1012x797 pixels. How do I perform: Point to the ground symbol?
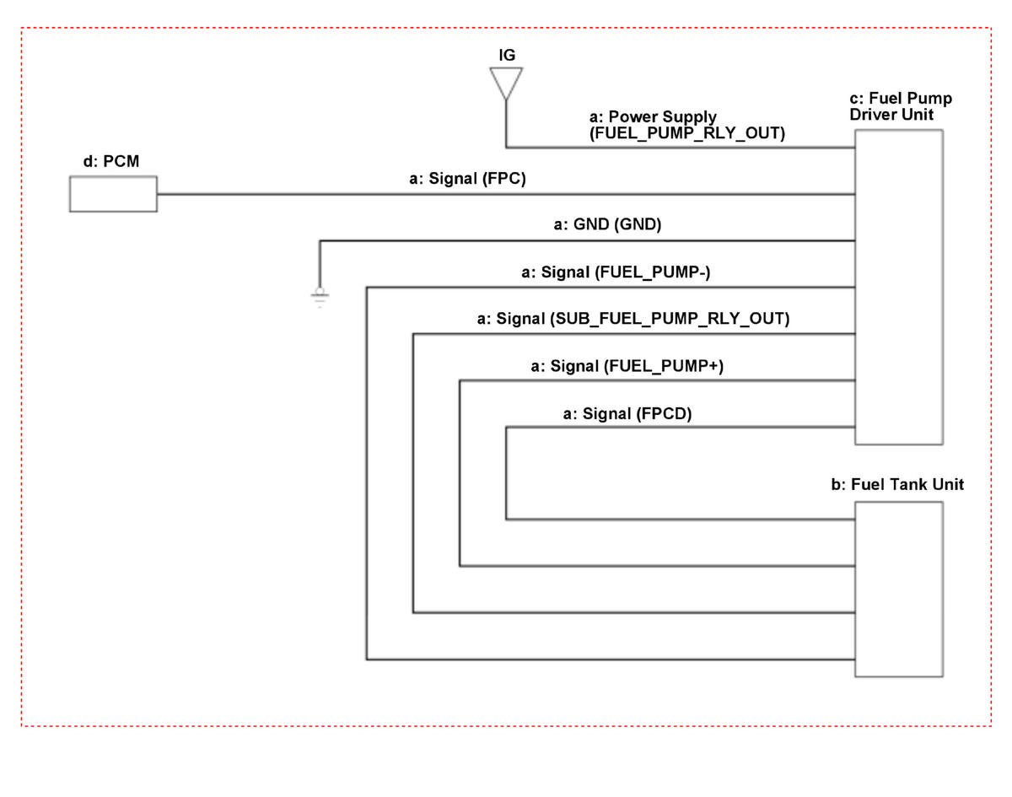(x=320, y=297)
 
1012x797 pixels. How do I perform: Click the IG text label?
(x=507, y=55)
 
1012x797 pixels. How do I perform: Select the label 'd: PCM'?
(x=111, y=161)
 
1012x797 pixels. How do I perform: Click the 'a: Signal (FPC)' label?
(x=467, y=178)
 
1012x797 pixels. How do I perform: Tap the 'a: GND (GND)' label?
(x=607, y=224)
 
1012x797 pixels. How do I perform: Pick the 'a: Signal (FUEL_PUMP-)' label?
(x=616, y=272)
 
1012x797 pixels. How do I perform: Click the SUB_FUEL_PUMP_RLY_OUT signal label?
(x=633, y=319)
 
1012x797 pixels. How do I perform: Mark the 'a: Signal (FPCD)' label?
(x=627, y=413)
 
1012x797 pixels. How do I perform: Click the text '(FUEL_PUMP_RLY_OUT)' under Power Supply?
(x=687, y=133)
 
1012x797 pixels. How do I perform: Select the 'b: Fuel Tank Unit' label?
(x=897, y=484)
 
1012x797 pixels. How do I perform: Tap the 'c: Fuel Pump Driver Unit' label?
(x=901, y=106)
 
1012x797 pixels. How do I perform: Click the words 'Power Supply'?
(x=663, y=116)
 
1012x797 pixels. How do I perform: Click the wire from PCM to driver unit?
(x=506, y=194)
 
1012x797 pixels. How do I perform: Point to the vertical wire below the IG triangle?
(x=506, y=124)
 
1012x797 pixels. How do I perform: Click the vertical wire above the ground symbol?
(x=320, y=264)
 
